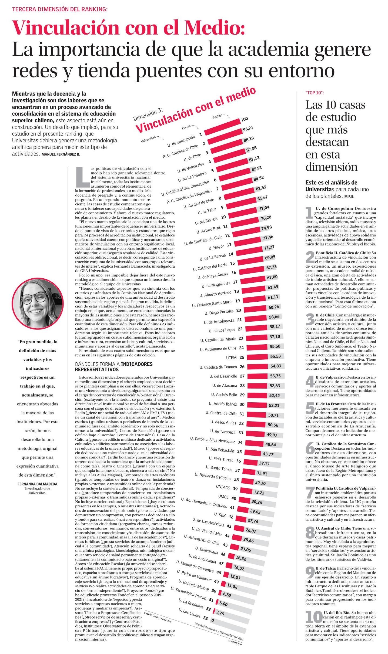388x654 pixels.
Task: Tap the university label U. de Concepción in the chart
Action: coord(181,141)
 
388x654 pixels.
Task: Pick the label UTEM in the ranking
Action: coord(231,358)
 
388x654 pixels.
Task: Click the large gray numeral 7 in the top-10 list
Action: coord(310,493)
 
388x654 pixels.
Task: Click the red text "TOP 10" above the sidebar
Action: coord(315,93)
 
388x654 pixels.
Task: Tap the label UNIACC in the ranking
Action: coord(223,486)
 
